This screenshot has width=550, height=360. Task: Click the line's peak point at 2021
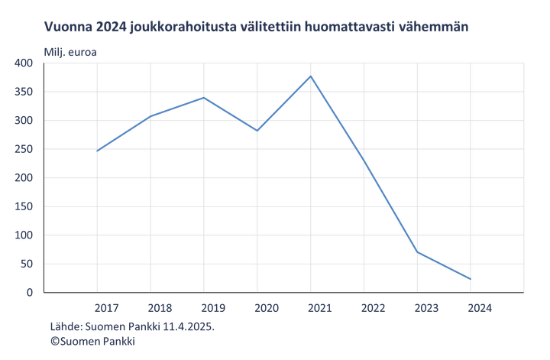click(x=311, y=76)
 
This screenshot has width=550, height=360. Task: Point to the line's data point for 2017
click(x=97, y=151)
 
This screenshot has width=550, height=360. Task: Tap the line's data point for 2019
click(x=204, y=97)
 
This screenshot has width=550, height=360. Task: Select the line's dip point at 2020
click(x=257, y=131)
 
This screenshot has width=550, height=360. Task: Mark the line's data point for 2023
click(x=418, y=251)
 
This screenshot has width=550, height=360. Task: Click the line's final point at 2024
click(x=471, y=280)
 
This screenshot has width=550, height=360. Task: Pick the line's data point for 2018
click(x=150, y=117)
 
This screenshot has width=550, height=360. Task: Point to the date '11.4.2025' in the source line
click(x=189, y=326)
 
